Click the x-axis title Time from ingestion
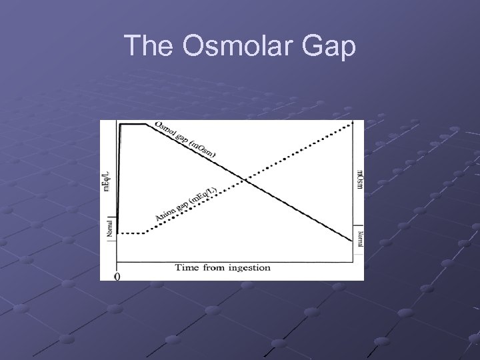coord(223,267)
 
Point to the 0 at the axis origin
coord(118,276)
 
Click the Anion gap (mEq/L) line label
coord(186,204)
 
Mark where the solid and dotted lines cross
coord(245,179)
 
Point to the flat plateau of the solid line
coord(133,124)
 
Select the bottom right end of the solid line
coord(352,240)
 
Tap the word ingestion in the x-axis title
coord(248,267)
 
